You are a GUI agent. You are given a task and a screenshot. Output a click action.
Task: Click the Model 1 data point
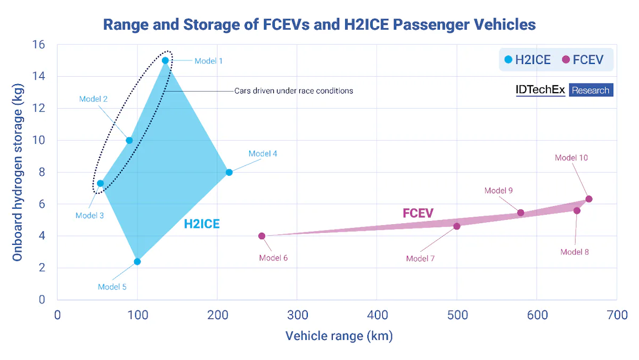click(165, 61)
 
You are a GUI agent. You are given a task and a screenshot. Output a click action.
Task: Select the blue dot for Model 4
click(229, 172)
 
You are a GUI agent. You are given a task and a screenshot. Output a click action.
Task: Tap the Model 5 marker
click(137, 261)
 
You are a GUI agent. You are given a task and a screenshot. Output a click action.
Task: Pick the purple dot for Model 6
click(261, 236)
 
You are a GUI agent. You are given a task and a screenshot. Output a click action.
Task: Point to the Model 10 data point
click(588, 199)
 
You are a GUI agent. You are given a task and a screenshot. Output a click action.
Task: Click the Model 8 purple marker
click(577, 211)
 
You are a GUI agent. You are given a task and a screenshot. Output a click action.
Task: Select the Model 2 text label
click(94, 99)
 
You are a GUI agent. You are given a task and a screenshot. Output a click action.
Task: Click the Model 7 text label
click(420, 258)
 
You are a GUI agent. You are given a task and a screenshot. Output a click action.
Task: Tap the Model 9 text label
click(498, 191)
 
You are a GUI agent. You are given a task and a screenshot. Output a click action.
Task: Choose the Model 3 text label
click(89, 216)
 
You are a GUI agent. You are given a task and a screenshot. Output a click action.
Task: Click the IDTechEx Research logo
click(564, 90)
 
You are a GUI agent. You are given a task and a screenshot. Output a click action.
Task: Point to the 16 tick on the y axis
click(38, 45)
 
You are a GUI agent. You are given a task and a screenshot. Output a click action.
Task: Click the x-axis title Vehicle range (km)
click(339, 336)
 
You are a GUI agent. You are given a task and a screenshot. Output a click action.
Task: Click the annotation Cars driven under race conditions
click(293, 91)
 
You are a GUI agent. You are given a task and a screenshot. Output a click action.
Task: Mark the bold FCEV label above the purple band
click(418, 214)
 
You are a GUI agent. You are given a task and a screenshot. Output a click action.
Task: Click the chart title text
click(319, 24)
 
